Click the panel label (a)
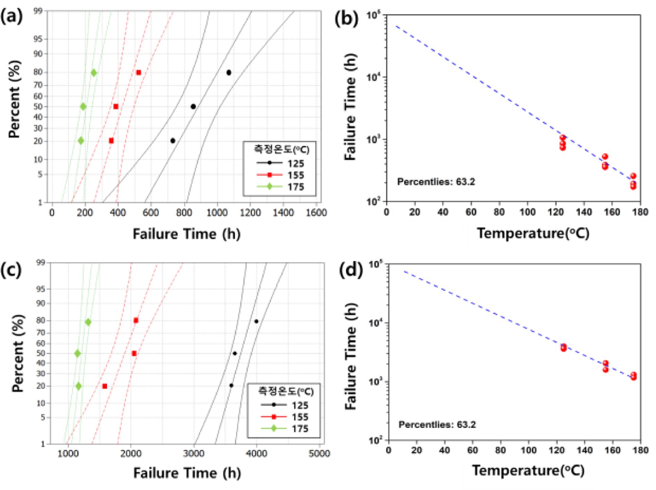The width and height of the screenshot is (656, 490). click(12, 17)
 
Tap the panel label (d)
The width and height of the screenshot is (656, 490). click(351, 270)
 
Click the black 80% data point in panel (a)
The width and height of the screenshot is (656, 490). click(229, 72)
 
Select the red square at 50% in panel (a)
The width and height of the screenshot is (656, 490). click(116, 106)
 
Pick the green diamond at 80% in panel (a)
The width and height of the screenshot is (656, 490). click(94, 73)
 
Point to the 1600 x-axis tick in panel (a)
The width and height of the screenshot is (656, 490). click(316, 212)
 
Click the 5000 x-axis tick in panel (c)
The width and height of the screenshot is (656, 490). click(319, 453)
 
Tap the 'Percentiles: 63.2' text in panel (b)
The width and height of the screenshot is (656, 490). click(436, 182)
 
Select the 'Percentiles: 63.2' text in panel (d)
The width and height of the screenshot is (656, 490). click(437, 424)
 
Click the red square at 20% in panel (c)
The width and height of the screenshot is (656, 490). click(105, 386)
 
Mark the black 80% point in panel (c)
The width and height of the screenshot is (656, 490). click(256, 321)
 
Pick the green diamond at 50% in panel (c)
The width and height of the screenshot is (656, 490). click(77, 353)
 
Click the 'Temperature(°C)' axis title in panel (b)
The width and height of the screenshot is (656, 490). click(533, 233)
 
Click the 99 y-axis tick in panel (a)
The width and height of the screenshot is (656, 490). click(38, 11)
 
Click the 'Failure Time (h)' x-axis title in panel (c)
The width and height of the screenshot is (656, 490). click(187, 473)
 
